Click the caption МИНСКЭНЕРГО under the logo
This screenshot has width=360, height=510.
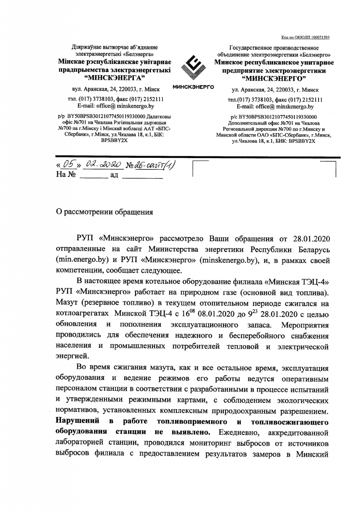[x=193, y=86]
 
